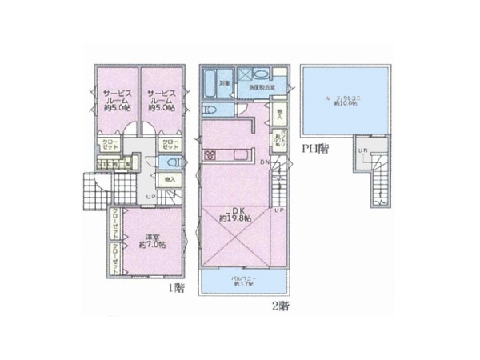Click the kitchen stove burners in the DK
(213, 154)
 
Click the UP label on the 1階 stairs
(150, 197)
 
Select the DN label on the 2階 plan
(266, 162)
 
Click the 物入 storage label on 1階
(170, 181)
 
